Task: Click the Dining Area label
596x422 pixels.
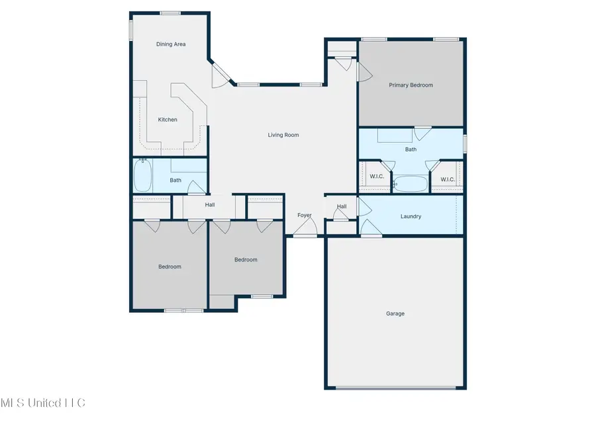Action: pos(171,44)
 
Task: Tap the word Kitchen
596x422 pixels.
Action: pos(168,120)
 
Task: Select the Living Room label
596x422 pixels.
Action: pos(283,135)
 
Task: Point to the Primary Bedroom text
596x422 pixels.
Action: pos(411,85)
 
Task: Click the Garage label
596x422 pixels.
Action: pos(395,314)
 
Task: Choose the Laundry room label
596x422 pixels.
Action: pos(411,216)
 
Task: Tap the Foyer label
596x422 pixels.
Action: pos(304,216)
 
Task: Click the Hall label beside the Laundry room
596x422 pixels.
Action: pos(342,207)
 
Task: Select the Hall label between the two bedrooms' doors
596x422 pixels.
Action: pos(209,205)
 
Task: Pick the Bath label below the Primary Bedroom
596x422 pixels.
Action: pos(411,149)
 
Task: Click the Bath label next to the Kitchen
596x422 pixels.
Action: pos(175,180)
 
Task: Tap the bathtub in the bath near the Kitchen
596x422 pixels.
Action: pos(142,177)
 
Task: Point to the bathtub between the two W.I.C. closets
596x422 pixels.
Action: pos(411,183)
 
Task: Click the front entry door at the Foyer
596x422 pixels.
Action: pos(305,230)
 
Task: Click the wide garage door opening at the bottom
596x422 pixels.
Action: pos(395,388)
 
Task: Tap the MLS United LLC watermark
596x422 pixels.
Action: pos(42,402)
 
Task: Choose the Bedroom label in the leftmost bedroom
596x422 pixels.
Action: pos(170,267)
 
